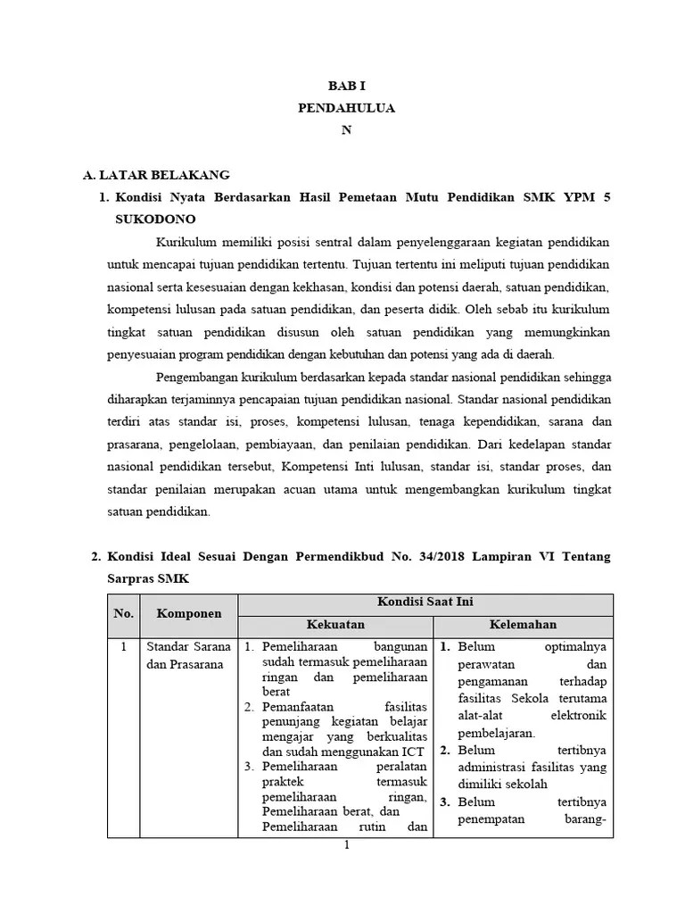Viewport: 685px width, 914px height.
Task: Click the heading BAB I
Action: [345, 87]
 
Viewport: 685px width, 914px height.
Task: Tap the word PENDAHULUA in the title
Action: [346, 108]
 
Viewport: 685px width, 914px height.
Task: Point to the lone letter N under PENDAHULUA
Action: [347, 129]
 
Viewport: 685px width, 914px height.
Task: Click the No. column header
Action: [123, 614]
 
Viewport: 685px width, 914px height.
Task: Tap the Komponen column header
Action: [188, 614]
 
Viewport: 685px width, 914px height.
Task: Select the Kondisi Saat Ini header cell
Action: [425, 603]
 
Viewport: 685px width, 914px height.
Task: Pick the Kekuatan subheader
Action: [335, 625]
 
